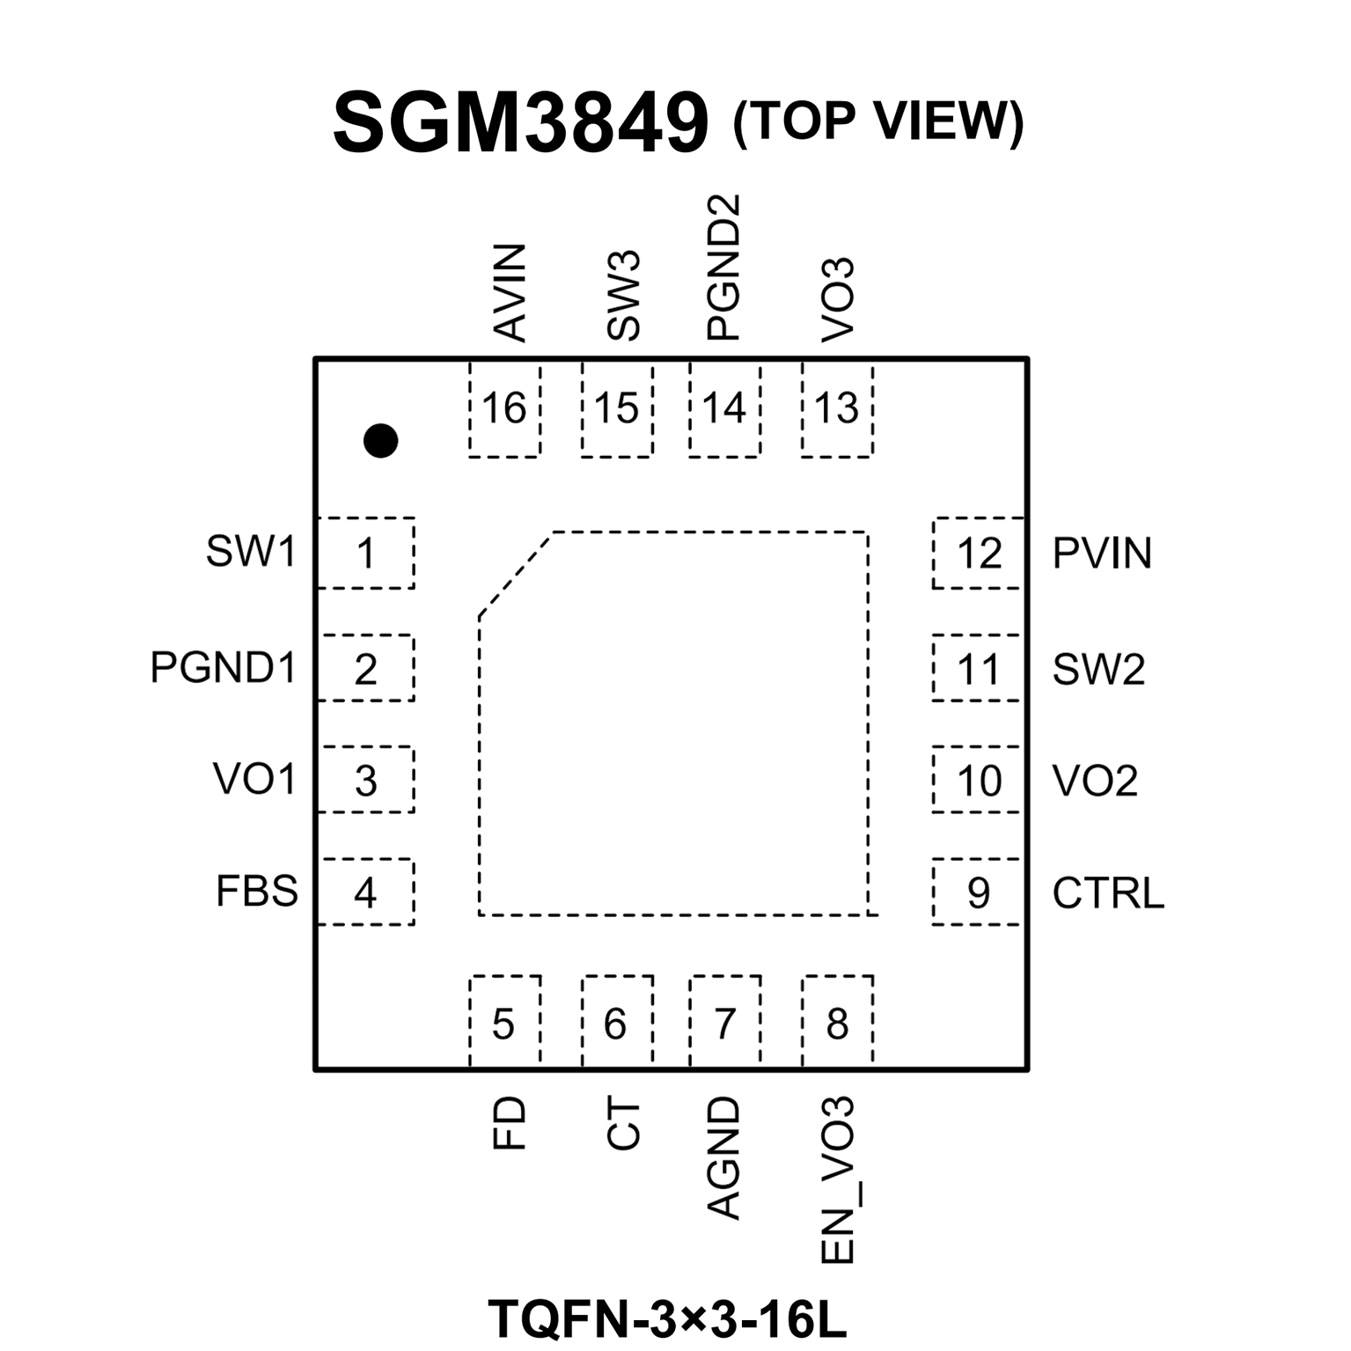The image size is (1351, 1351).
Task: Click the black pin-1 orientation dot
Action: (380, 440)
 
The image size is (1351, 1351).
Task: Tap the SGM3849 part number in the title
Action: (520, 123)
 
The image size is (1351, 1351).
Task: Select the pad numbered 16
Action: (504, 409)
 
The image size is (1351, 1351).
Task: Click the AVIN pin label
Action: (510, 293)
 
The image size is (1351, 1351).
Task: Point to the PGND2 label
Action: (724, 268)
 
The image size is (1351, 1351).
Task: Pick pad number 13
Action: (836, 409)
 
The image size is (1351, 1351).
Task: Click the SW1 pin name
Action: (251, 552)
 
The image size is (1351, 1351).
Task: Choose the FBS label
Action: (257, 892)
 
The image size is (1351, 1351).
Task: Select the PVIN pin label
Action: (1102, 554)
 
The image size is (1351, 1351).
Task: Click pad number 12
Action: (979, 554)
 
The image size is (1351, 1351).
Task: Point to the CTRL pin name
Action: (1108, 893)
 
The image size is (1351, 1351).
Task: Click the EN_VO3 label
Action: (837, 1180)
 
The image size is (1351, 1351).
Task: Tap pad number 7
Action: (724, 1024)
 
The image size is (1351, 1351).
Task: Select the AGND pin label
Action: (724, 1158)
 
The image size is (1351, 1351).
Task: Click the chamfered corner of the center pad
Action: (515, 574)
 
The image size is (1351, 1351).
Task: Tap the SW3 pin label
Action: (623, 296)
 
